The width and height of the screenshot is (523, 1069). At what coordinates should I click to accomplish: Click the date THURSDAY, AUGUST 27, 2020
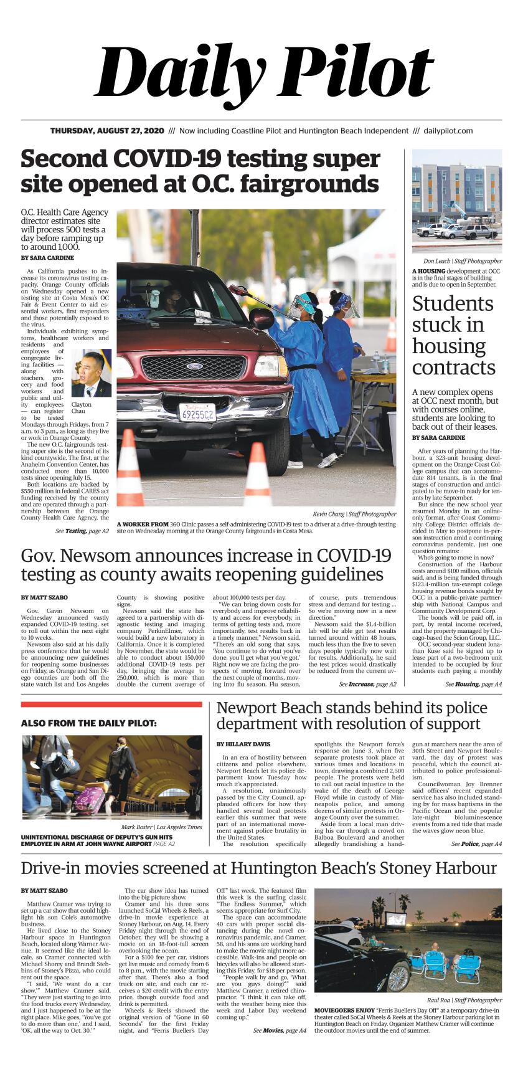(107, 131)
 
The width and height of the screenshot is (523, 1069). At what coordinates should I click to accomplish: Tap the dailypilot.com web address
(448, 131)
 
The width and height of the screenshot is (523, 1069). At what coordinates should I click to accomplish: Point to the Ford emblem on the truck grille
(194, 366)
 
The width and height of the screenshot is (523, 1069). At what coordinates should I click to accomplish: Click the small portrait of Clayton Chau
(91, 373)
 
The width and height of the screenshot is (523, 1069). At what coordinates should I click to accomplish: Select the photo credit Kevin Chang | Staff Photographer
(354, 514)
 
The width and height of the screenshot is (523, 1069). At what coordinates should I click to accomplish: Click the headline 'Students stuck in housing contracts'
(453, 336)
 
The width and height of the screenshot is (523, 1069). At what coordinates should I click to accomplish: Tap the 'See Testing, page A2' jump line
(82, 531)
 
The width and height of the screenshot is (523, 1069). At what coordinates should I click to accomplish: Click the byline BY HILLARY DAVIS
(243, 744)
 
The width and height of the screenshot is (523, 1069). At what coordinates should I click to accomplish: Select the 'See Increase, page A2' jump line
(367, 684)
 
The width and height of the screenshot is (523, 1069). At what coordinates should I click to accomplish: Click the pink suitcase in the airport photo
(89, 800)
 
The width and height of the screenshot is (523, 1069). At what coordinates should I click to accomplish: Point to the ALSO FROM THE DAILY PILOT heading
(88, 723)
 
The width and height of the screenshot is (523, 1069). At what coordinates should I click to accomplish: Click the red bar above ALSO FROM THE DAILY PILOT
(111, 705)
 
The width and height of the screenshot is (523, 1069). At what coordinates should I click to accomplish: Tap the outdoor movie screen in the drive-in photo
(396, 918)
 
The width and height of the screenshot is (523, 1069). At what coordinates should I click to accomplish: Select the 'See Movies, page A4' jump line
(280, 1031)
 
